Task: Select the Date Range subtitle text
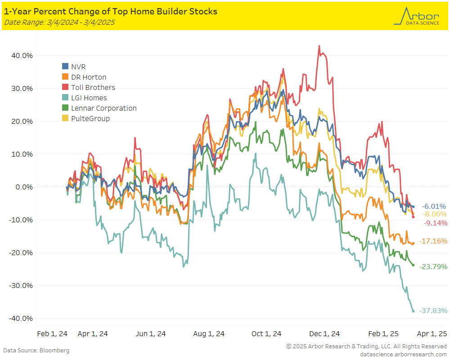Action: [x=59, y=22]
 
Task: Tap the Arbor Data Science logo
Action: [x=416, y=17]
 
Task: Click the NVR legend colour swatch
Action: [x=65, y=67]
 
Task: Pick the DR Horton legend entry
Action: [x=89, y=77]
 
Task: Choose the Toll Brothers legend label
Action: [x=93, y=88]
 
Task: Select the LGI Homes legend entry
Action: [x=89, y=98]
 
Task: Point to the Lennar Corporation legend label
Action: [x=103, y=108]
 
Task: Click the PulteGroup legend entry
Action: [x=90, y=119]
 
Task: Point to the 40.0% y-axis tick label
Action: [x=22, y=56]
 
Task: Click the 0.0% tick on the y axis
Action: [x=23, y=187]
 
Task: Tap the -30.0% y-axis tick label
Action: [x=21, y=286]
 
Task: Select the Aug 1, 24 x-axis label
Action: [x=209, y=334]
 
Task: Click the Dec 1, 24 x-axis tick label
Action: [x=325, y=334]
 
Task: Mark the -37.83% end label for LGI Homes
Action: [x=433, y=311]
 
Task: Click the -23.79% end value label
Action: [x=433, y=267]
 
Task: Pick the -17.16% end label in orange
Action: [x=433, y=241]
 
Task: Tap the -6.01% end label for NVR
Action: [x=433, y=206]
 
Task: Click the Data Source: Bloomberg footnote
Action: [x=36, y=350]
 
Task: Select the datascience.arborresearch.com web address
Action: [x=404, y=354]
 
